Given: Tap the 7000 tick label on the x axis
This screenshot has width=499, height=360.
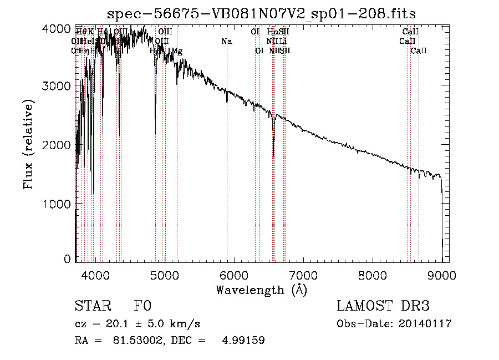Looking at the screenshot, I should [304, 274].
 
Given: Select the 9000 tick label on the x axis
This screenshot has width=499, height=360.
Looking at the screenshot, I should [442, 274].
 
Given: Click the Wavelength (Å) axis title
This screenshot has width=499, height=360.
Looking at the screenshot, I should [261, 290].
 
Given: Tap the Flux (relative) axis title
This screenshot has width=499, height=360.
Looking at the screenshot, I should [28, 144].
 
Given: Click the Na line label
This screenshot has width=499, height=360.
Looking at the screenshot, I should [226, 42].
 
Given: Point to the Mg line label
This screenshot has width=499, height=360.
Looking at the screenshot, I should [177, 51].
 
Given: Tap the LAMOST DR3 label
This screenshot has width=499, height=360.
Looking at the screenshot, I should [383, 307].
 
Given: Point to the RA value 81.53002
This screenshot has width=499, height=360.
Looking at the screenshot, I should [131, 341].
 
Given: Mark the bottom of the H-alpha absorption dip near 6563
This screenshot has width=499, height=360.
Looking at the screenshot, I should [273, 156].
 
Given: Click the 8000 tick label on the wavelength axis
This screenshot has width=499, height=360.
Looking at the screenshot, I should [373, 274].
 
